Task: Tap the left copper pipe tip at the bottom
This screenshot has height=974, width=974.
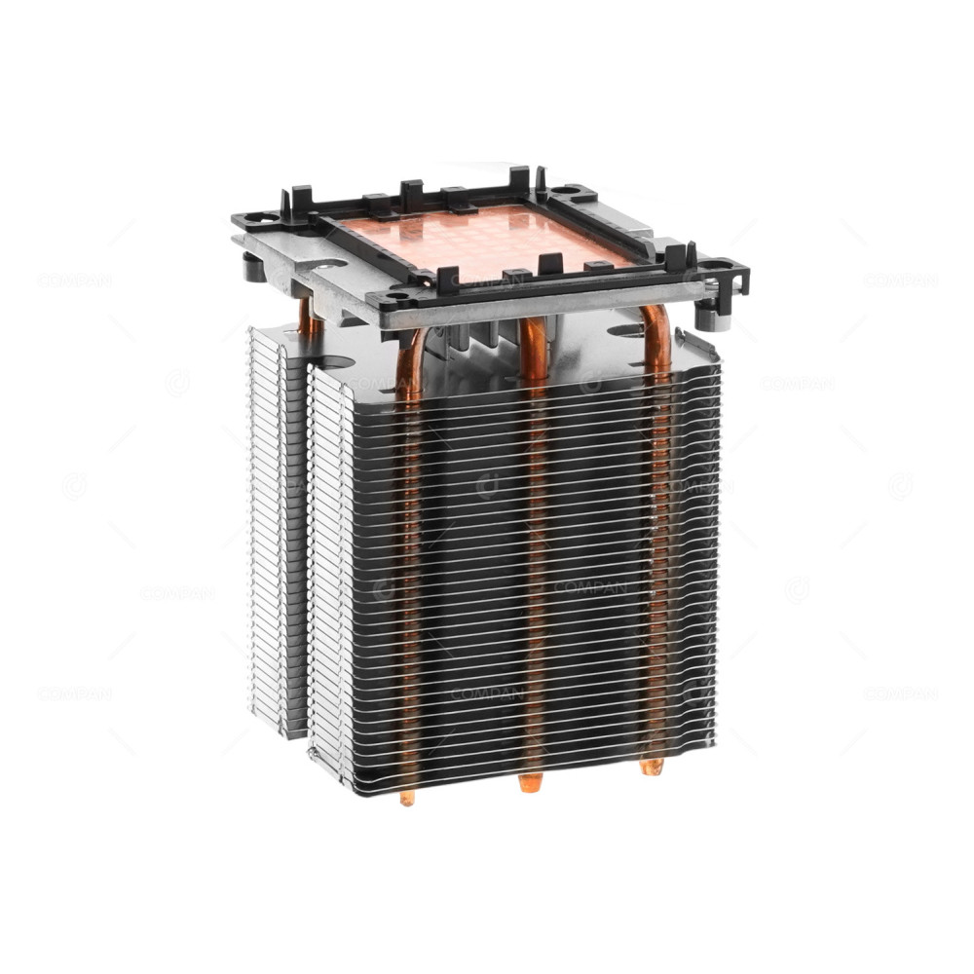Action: pyautogui.click(x=407, y=797)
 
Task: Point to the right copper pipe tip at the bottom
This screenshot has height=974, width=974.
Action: pyautogui.click(x=652, y=767)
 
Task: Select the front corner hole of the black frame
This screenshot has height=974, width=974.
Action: pyautogui.click(x=398, y=298)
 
